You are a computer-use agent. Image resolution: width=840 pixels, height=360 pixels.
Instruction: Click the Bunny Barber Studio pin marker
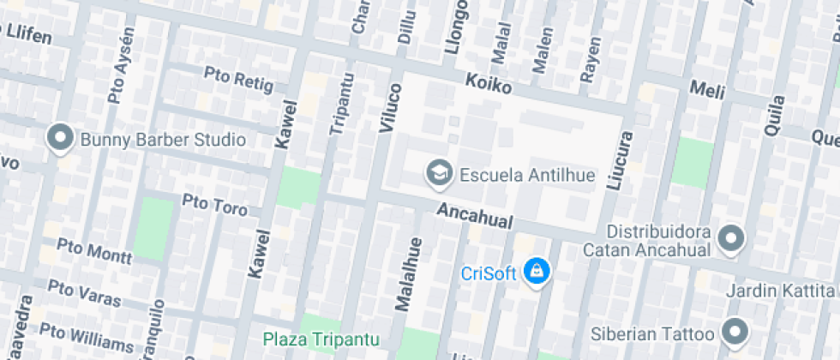pyautogui.click(x=60, y=139)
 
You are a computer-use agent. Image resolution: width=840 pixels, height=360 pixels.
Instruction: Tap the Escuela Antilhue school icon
pyautogui.click(x=440, y=172)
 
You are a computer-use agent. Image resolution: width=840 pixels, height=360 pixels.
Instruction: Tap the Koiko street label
pyautogui.click(x=489, y=85)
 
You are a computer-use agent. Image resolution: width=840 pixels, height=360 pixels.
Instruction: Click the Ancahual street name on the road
pyautogui.click(x=474, y=216)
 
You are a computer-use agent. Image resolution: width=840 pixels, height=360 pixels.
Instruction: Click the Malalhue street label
pyautogui.click(x=406, y=273)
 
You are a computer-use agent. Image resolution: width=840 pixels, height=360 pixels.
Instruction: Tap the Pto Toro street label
pyautogui.click(x=215, y=206)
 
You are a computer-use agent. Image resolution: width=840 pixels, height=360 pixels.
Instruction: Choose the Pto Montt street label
pyautogui.click(x=95, y=250)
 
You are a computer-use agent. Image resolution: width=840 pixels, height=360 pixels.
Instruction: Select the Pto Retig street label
pyautogui.click(x=238, y=80)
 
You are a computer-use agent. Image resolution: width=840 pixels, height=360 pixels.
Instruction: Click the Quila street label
pyautogui.click(x=773, y=112)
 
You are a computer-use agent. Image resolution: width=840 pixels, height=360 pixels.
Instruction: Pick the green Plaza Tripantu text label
pyautogui.click(x=321, y=339)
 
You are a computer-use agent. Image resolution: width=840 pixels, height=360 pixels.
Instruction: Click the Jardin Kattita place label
pyautogui.click(x=780, y=291)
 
